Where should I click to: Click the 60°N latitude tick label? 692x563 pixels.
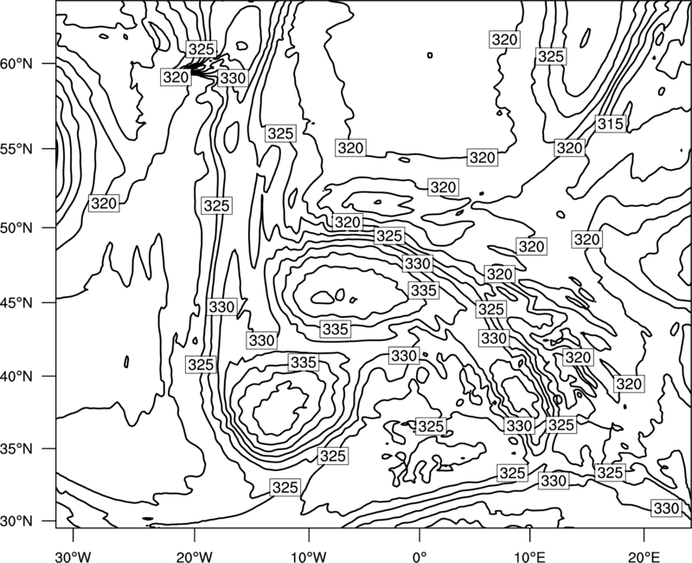(16, 64)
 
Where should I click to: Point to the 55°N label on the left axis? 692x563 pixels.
(16, 149)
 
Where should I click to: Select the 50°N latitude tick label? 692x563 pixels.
(16, 229)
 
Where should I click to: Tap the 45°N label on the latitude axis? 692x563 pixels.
(16, 303)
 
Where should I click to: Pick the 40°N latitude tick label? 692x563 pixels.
(16, 377)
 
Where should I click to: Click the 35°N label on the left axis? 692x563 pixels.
(16, 449)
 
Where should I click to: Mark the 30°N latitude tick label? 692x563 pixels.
(16, 521)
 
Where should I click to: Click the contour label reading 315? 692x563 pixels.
(611, 124)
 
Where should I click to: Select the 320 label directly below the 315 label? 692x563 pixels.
(569, 147)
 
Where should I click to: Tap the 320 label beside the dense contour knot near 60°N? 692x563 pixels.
(176, 77)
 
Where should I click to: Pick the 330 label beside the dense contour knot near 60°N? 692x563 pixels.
(233, 78)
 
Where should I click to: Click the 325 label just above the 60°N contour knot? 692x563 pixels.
(202, 49)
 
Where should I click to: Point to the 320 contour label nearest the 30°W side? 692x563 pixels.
(104, 204)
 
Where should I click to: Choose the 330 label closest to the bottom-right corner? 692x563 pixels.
(666, 508)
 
